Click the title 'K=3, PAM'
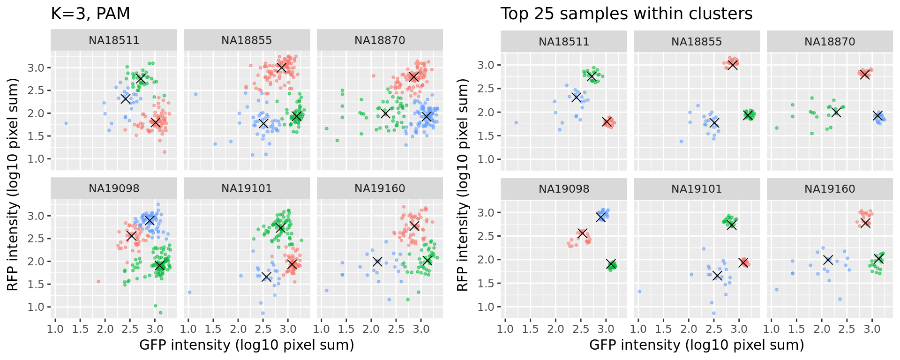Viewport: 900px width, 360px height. coord(90,14)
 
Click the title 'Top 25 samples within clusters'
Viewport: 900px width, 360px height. coord(626,14)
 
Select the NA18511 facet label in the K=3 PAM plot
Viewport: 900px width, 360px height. coord(114,40)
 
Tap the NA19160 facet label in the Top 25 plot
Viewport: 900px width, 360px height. coord(830,189)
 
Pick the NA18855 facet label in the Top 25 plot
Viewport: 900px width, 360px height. coord(697,42)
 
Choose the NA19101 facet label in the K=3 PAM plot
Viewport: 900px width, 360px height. coord(247,188)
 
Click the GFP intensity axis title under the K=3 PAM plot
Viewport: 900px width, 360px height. coord(247,345)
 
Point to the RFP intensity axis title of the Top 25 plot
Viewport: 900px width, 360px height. coord(463,185)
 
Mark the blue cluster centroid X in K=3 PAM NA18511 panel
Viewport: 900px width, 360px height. coord(125,98)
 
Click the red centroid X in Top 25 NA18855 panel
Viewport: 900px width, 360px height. coord(733,65)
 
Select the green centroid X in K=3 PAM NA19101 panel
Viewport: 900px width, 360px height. coord(280,228)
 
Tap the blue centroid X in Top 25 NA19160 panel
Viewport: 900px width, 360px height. coord(828,260)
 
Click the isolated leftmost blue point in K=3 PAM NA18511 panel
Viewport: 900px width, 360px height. coord(66,123)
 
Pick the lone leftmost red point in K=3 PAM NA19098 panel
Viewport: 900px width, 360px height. coord(98,282)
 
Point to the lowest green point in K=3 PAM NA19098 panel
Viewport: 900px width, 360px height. coord(160,313)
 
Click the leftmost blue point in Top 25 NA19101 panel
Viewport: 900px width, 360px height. coord(639,292)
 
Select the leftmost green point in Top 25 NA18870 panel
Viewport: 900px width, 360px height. coord(777,128)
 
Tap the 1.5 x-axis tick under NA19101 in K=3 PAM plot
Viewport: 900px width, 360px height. coord(213,329)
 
